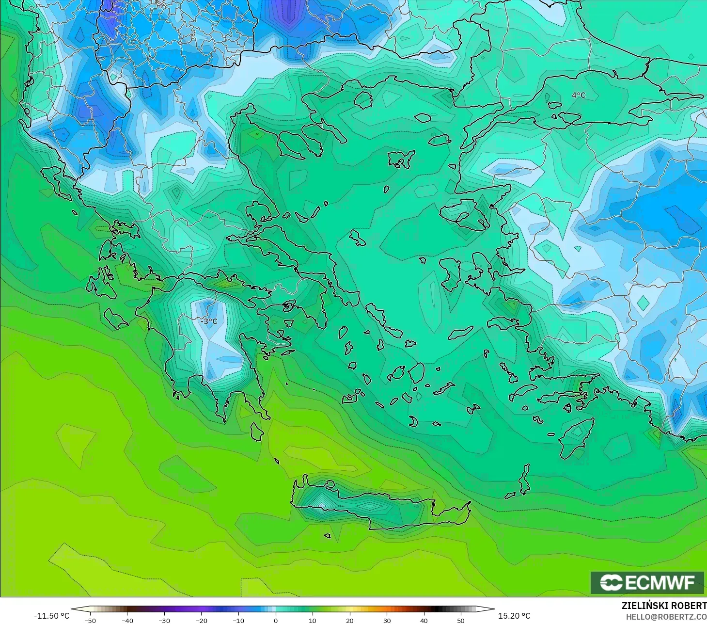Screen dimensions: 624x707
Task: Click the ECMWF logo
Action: click(x=647, y=582)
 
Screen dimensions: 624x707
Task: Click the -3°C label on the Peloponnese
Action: click(x=209, y=321)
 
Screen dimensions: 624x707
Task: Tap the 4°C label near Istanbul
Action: click(x=579, y=95)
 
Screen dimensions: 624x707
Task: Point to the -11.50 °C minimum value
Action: click(x=51, y=616)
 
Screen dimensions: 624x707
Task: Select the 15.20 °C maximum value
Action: click(x=514, y=616)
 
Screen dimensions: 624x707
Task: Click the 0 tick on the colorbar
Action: click(x=275, y=620)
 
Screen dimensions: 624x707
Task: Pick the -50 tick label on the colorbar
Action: click(x=90, y=620)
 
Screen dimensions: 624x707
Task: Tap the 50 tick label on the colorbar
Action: click(x=460, y=620)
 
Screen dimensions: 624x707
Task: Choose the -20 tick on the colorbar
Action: click(x=201, y=620)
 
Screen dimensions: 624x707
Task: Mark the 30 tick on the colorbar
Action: click(x=387, y=620)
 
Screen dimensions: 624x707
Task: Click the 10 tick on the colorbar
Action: click(x=313, y=620)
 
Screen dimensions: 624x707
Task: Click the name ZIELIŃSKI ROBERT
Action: click(x=664, y=606)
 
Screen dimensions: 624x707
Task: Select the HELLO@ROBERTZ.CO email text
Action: click(x=666, y=617)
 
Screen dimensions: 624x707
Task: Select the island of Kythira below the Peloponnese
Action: click(x=257, y=432)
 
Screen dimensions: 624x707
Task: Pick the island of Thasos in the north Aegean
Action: click(x=363, y=99)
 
